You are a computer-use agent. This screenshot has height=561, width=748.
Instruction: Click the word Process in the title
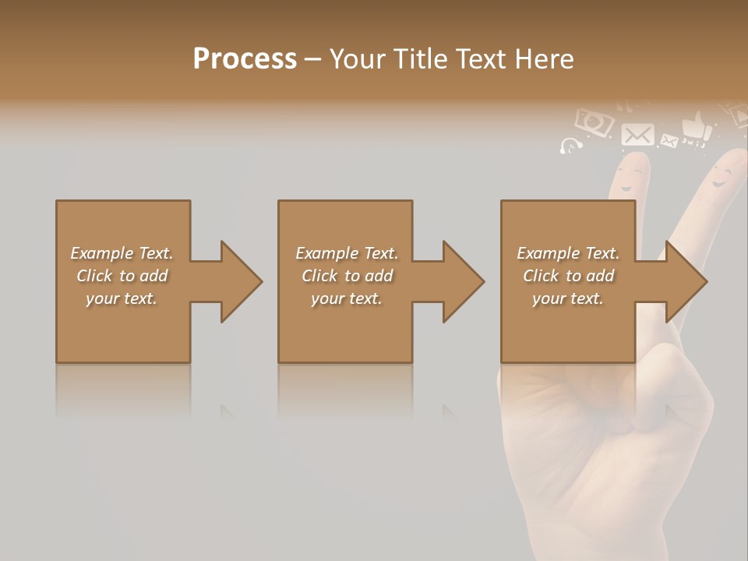[245, 58]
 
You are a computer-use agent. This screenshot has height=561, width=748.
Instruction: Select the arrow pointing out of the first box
[231, 281]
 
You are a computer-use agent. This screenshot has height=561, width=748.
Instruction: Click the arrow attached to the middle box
[453, 281]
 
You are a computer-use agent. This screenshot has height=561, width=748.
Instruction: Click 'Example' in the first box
[101, 253]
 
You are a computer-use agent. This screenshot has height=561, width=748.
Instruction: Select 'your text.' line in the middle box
[346, 298]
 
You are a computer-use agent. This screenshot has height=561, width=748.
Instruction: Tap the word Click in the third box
[541, 276]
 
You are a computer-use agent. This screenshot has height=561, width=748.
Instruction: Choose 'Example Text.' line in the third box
[568, 253]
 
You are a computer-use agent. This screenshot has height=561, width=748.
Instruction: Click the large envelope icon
[637, 134]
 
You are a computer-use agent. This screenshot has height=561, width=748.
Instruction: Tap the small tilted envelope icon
[669, 141]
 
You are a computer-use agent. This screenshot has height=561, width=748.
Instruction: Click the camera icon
[594, 122]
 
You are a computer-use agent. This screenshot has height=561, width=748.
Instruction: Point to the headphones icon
[571, 146]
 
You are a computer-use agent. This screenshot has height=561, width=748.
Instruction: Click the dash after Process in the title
[312, 59]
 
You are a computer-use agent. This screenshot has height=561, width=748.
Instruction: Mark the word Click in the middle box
[319, 276]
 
